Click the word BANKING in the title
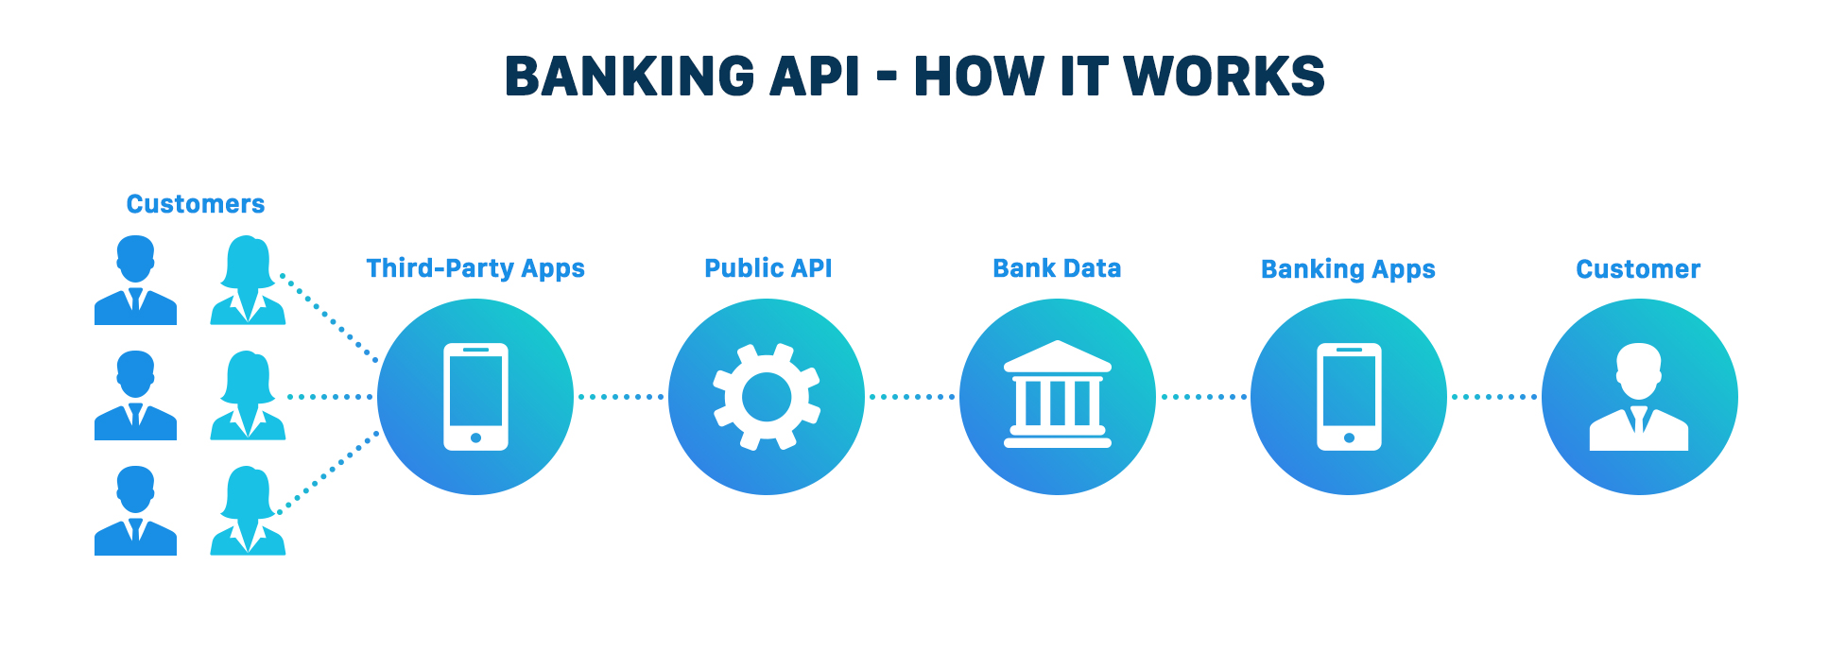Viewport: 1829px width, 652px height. click(630, 77)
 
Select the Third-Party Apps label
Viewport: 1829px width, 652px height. click(475, 269)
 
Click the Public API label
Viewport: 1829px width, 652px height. click(768, 268)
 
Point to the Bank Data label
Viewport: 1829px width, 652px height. click(1057, 268)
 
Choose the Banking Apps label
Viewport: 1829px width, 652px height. click(1348, 270)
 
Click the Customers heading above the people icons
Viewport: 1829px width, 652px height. click(196, 204)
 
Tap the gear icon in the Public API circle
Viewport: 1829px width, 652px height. click(767, 397)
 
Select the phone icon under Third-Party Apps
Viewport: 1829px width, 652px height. click(475, 397)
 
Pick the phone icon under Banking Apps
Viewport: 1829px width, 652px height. click(1349, 397)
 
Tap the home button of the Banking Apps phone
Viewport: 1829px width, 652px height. click(1349, 438)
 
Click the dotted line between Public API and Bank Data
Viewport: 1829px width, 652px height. click(912, 397)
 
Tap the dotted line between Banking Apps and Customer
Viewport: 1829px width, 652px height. click(1494, 397)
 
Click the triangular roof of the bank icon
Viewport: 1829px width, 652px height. click(1058, 356)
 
